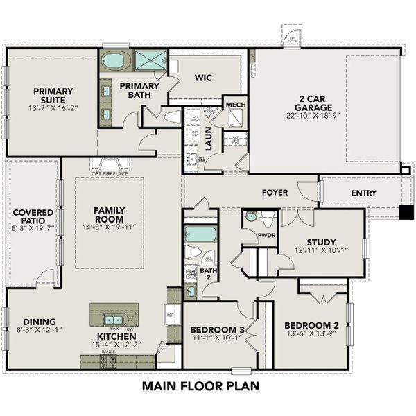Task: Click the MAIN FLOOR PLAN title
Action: [x=200, y=385]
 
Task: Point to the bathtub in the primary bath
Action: [x=115, y=60]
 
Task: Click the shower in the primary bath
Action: [x=150, y=60]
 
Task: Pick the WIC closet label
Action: [x=202, y=79]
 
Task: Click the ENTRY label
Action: [x=365, y=193]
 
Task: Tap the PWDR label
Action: [x=248, y=235]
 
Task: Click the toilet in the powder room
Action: [x=268, y=220]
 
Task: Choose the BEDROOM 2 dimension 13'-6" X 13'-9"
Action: [x=311, y=333]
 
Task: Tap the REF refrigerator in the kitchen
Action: [x=171, y=314]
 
